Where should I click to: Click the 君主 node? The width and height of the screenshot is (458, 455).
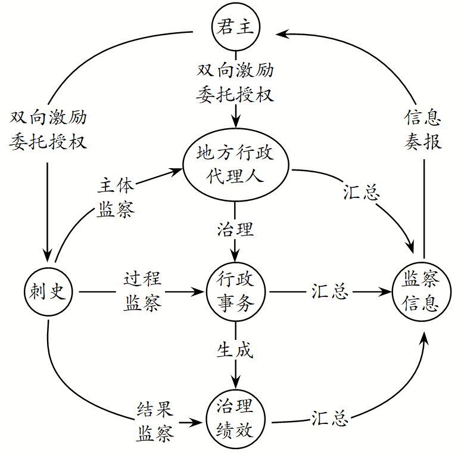pyautogui.click(x=236, y=27)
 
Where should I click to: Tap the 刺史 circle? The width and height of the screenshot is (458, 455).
pyautogui.click(x=48, y=292)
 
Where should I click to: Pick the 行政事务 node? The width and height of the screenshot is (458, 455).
pyautogui.click(x=236, y=292)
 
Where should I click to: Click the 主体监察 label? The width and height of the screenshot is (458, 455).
pyautogui.click(x=116, y=197)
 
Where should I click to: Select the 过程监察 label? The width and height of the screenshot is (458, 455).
pyautogui.click(x=142, y=292)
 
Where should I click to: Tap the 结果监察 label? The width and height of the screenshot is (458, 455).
pyautogui.click(x=155, y=421)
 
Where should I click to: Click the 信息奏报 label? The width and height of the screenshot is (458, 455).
pyautogui.click(x=423, y=129)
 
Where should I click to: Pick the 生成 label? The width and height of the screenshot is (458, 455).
pyautogui.click(x=235, y=350)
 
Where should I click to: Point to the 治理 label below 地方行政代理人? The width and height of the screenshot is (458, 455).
pyautogui.click(x=235, y=229)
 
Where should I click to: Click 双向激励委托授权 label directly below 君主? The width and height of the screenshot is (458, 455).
pyautogui.click(x=236, y=83)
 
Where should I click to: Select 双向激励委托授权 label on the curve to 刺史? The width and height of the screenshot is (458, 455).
pyautogui.click(x=48, y=129)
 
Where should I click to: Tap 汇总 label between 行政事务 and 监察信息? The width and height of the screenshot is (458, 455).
pyautogui.click(x=329, y=292)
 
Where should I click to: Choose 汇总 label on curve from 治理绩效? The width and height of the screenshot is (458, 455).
pyautogui.click(x=329, y=418)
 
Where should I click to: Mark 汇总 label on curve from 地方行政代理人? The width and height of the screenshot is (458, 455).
pyautogui.click(x=362, y=192)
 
